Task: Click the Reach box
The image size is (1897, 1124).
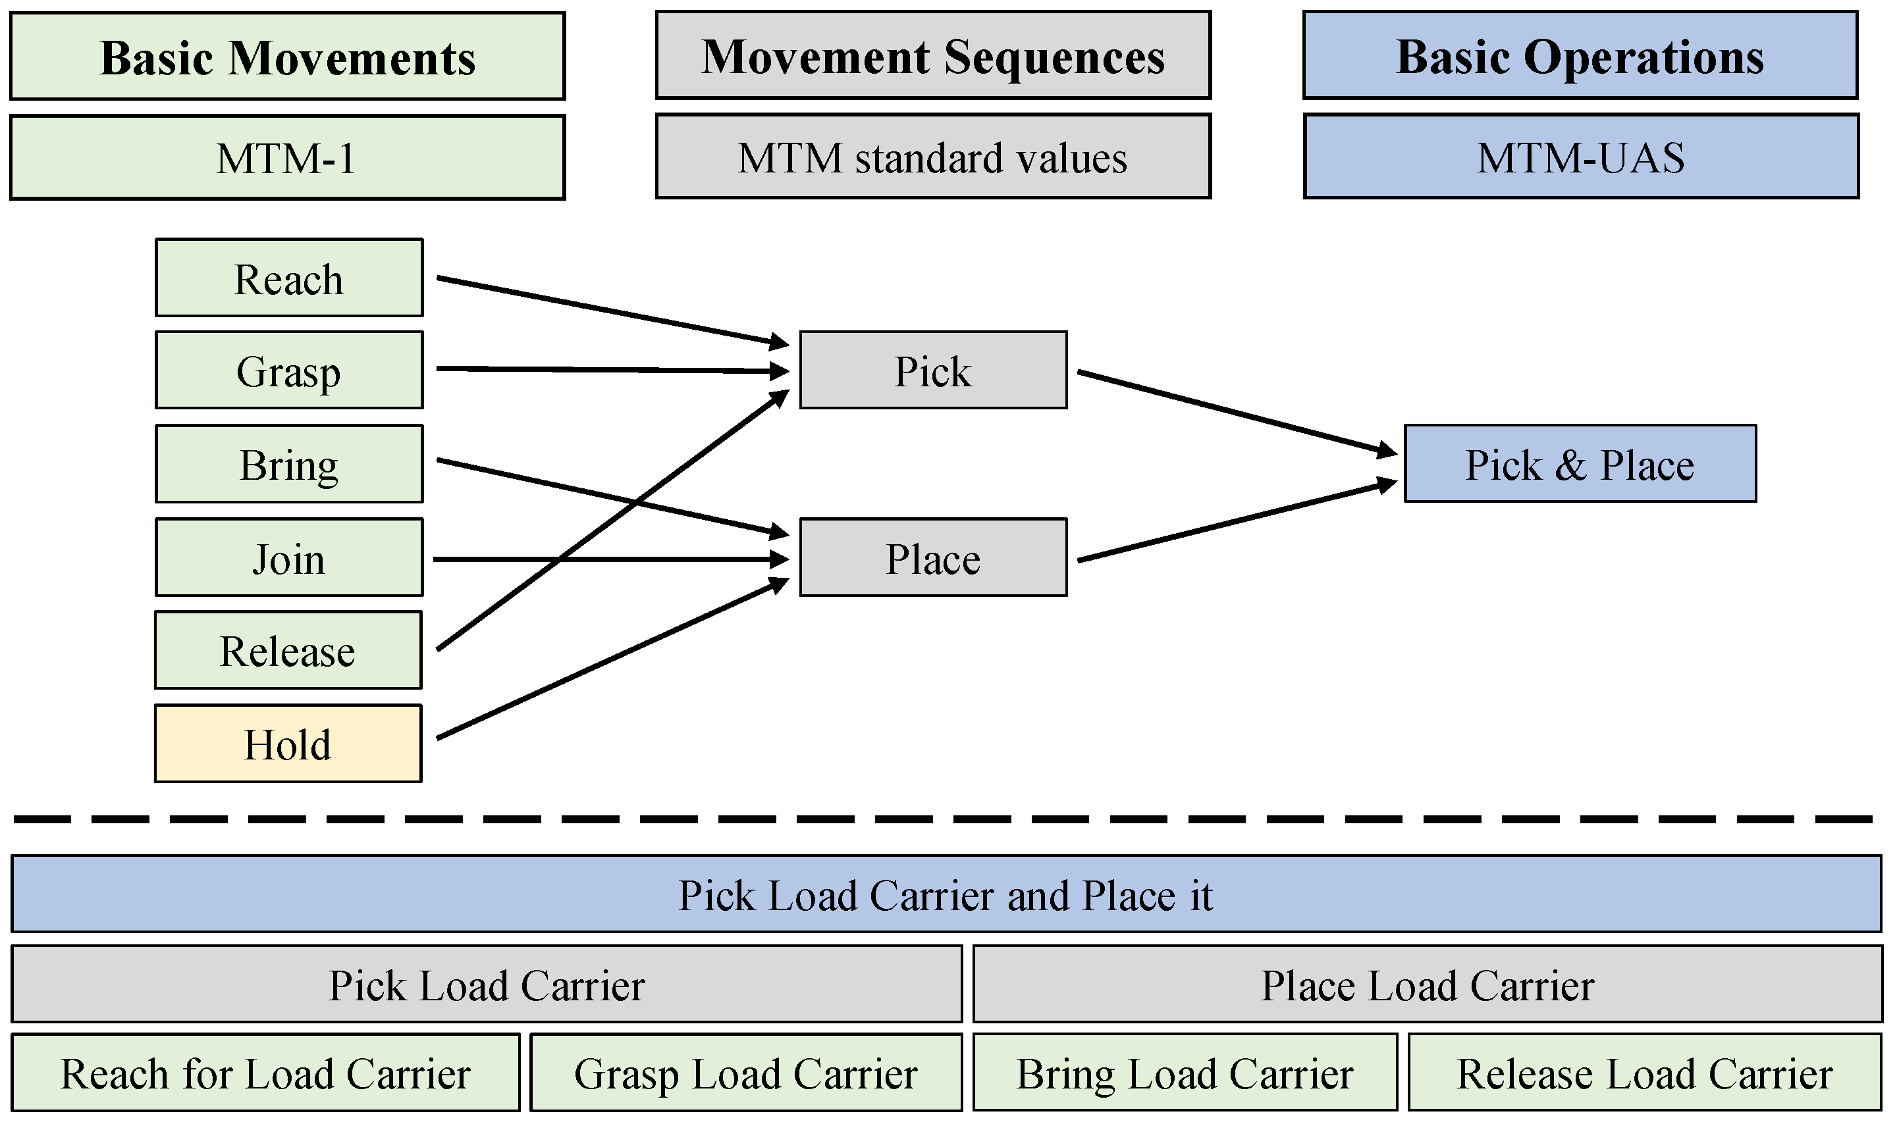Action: tap(290, 278)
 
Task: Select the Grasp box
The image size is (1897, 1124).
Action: tap(290, 370)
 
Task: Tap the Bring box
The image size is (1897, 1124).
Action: tap(290, 465)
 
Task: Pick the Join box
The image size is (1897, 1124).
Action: tap(290, 558)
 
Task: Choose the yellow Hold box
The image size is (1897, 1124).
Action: tap(288, 744)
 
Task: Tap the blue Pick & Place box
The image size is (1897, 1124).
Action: tap(1581, 463)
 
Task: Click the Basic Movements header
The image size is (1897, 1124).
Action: tap(288, 56)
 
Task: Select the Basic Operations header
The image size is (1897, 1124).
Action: tap(1581, 55)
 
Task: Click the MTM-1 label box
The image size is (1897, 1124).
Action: tap(288, 157)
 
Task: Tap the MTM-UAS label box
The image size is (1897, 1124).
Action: tap(1582, 157)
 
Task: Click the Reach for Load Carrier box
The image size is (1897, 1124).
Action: tap(266, 1073)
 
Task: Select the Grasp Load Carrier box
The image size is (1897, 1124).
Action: tap(746, 1073)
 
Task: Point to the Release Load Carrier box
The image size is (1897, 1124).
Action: tap(1645, 1073)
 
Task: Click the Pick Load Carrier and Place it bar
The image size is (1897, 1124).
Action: tap(947, 894)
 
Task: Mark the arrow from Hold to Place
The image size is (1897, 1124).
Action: tap(613, 659)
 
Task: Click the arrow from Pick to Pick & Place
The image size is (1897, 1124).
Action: tap(1237, 413)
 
